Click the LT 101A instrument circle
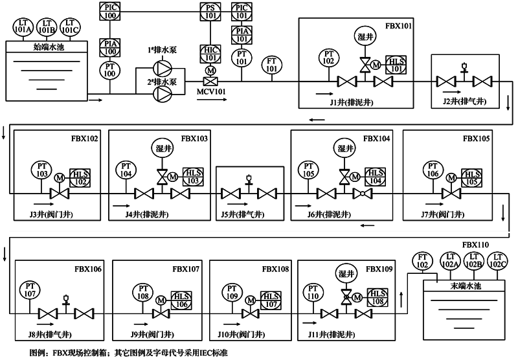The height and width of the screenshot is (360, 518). (x=23, y=27)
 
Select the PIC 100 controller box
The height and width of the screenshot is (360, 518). (x=109, y=10)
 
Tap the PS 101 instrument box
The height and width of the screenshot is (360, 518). (x=210, y=10)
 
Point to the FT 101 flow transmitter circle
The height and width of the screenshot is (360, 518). (x=273, y=64)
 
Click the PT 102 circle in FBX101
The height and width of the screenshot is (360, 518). (x=330, y=57)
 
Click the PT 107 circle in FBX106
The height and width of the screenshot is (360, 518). (x=29, y=289)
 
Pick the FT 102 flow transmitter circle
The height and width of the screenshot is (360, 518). (x=423, y=261)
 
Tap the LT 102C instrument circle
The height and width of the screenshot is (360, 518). (x=497, y=261)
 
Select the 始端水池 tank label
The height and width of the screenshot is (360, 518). (x=46, y=47)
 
